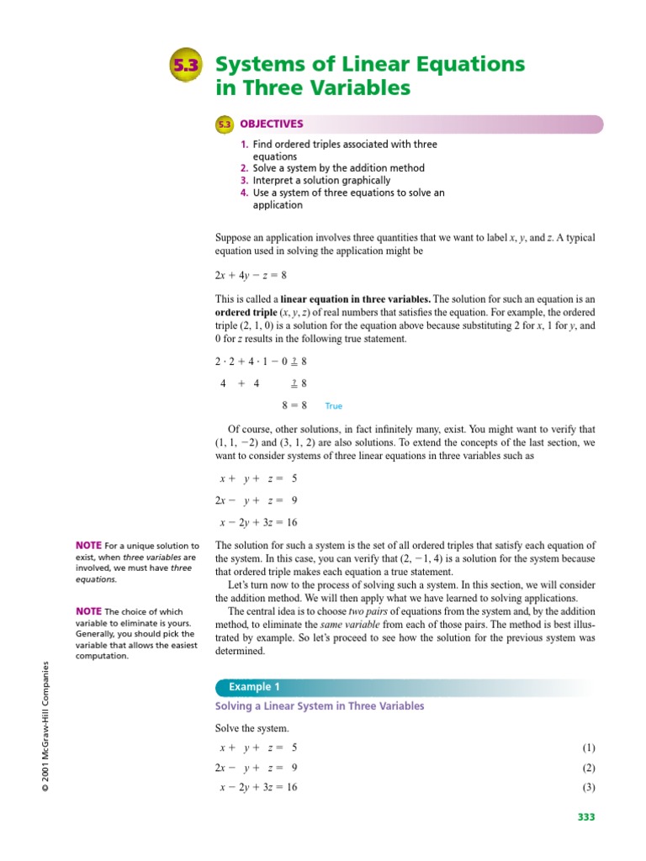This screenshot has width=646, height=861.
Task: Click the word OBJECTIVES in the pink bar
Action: (x=271, y=124)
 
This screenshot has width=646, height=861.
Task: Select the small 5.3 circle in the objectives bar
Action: (x=225, y=124)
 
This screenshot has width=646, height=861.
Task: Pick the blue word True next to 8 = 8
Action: (x=334, y=406)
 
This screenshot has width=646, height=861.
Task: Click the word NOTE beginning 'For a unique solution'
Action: (x=88, y=547)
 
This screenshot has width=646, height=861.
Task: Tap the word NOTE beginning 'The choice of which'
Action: (x=88, y=611)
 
